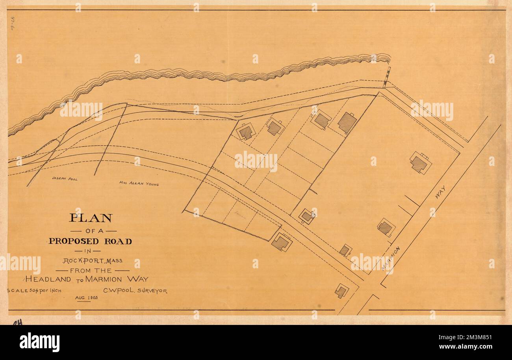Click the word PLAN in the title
(91, 218)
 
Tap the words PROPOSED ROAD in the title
(90, 241)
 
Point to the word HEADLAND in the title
(48, 279)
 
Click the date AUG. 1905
(86, 298)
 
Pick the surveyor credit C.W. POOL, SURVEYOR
(135, 291)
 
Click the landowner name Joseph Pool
(65, 179)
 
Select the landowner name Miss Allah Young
(139, 183)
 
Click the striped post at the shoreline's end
(387, 77)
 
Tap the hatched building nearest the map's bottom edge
(341, 291)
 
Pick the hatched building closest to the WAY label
(420, 163)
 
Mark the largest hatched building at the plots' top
(347, 122)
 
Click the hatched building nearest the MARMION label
(385, 227)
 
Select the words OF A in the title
(93, 231)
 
